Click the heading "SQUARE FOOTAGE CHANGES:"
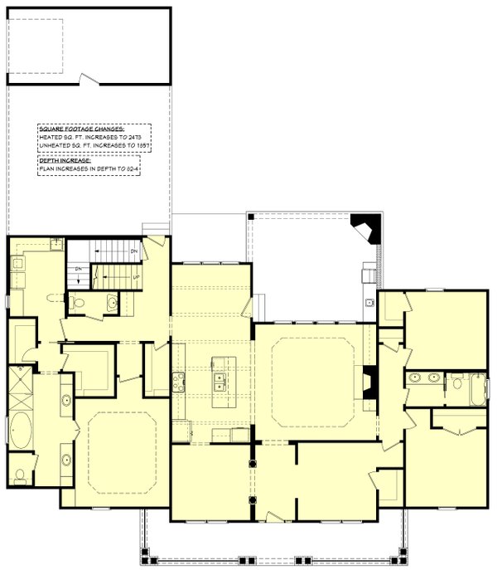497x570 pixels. coord(80,130)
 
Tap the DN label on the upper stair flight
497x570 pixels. coord(133,250)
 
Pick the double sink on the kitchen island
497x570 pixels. coord(219,381)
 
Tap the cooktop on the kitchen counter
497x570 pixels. coord(179,382)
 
